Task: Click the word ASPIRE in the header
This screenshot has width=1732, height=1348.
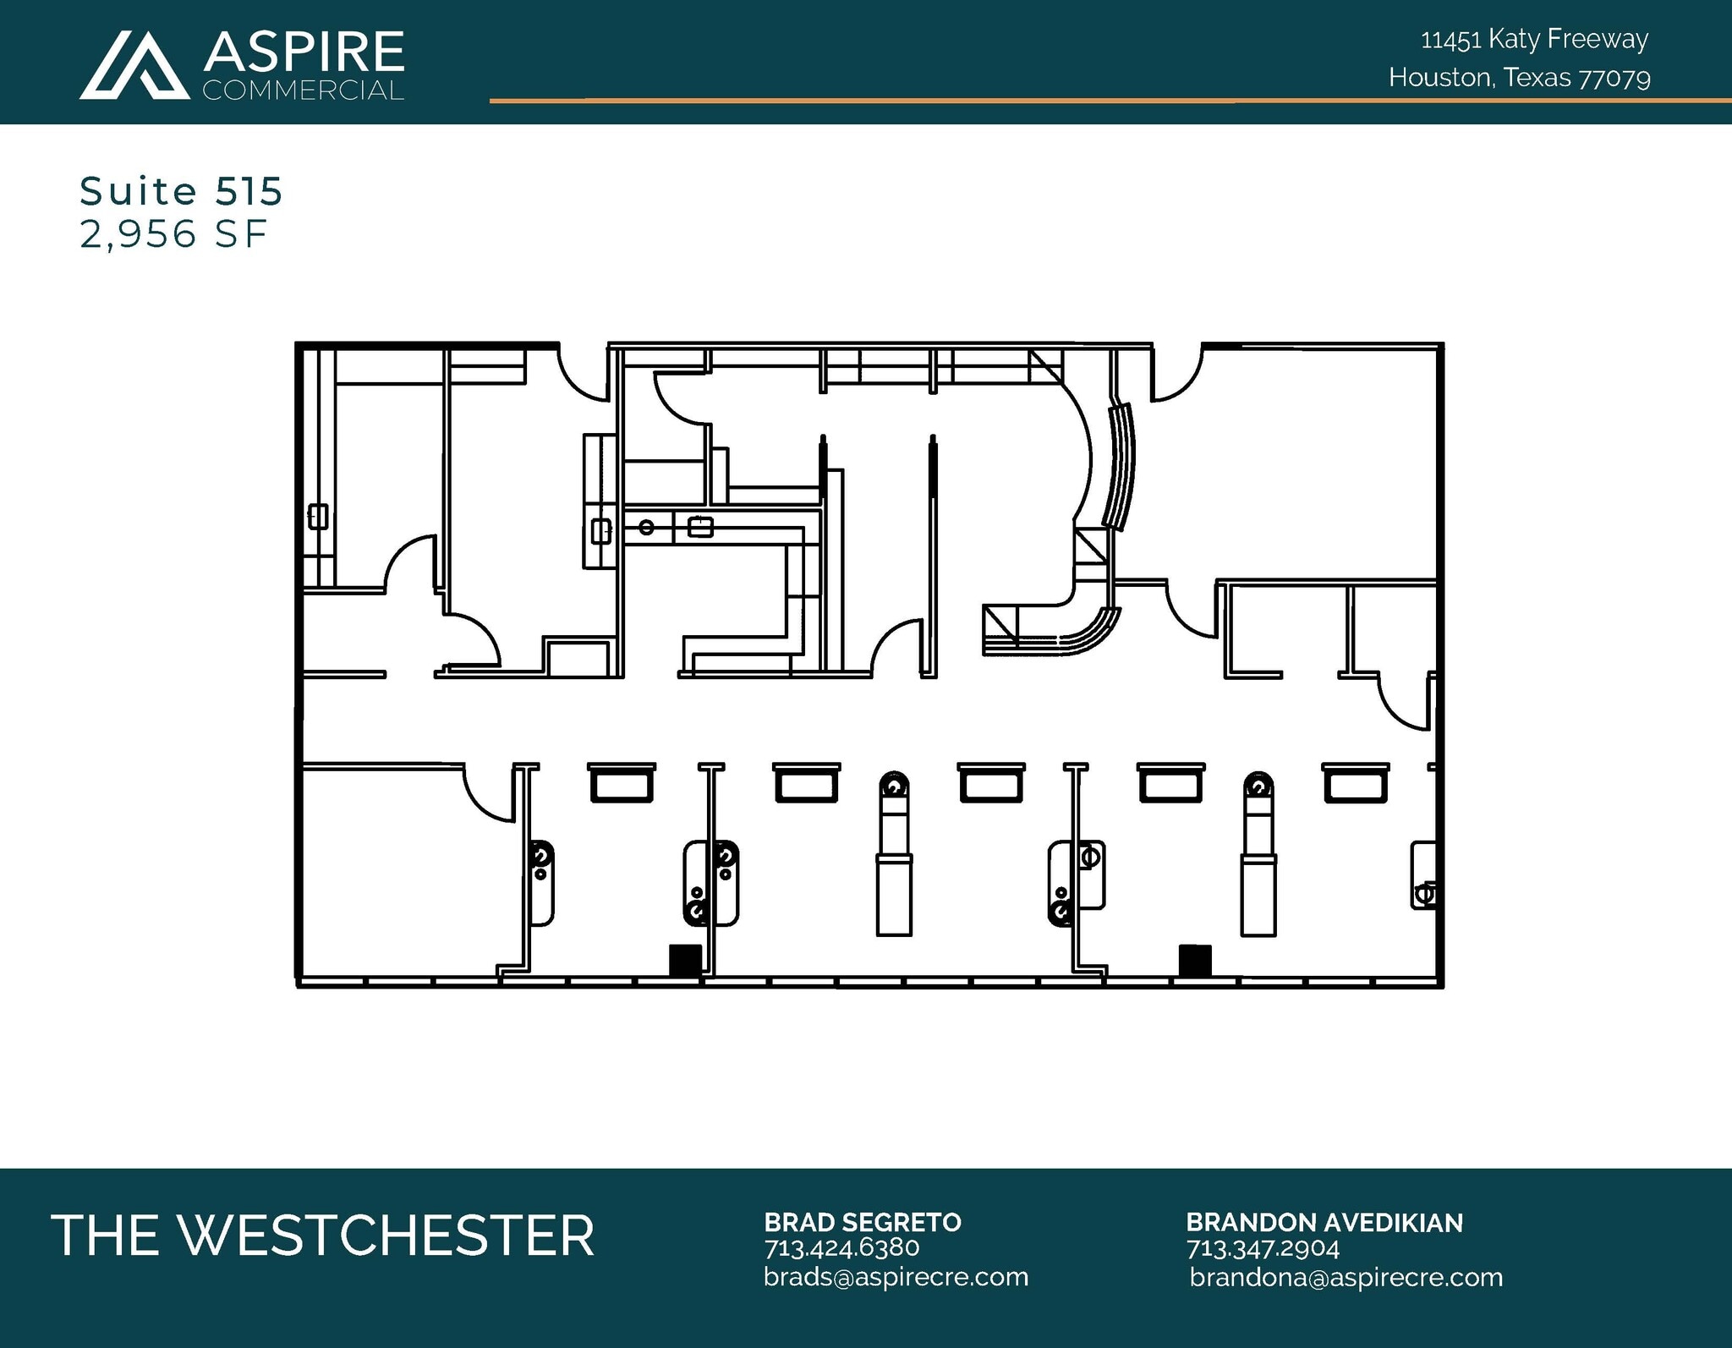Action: coord(304,52)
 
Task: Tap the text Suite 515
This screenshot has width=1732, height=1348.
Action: coord(181,191)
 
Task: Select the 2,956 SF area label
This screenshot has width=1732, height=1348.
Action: coord(173,233)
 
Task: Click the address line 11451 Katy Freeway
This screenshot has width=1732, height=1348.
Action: coord(1534,39)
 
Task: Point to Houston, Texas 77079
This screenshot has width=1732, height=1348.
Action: coord(1519,78)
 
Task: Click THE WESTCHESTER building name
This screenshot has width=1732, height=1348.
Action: coord(322,1236)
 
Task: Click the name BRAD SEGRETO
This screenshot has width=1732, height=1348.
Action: coord(862,1222)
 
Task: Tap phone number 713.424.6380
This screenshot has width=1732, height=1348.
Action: coord(841,1248)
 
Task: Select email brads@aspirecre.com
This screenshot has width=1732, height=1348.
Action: coord(896,1277)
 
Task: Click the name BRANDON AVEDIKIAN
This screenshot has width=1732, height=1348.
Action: coord(1324,1222)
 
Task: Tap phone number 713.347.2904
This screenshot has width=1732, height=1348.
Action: coord(1262,1248)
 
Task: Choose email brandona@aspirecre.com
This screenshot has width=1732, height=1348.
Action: coord(1346,1277)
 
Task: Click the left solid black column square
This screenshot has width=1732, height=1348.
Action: coord(685,960)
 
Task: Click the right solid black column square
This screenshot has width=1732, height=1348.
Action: coord(1194,960)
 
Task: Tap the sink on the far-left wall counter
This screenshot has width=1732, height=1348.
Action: coord(318,516)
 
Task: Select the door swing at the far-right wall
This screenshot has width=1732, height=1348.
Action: coord(1406,702)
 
